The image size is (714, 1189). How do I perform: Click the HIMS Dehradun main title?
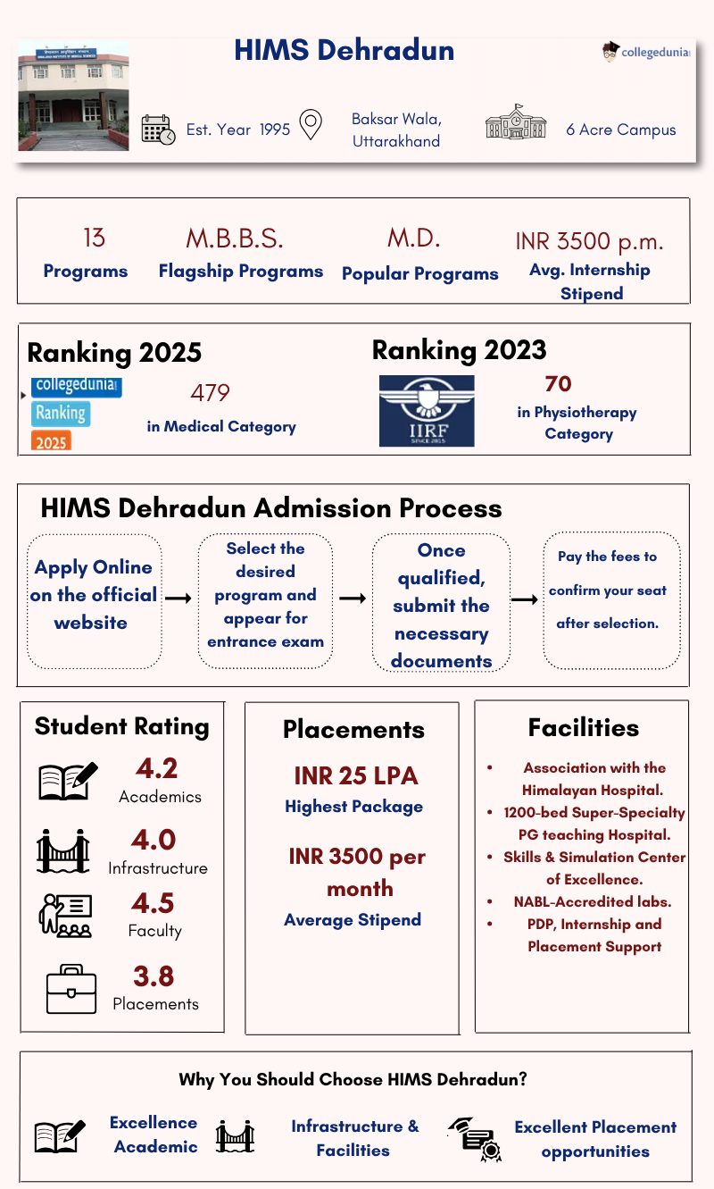click(344, 51)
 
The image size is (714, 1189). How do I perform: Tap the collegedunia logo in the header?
click(647, 52)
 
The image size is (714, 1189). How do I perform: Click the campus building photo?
click(73, 96)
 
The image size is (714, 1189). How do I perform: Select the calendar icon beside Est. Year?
click(158, 130)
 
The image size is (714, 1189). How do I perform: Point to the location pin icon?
click(310, 125)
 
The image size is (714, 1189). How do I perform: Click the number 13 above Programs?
click(94, 239)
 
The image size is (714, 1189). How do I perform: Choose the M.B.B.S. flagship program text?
click(234, 239)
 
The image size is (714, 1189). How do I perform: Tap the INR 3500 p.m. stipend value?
click(589, 241)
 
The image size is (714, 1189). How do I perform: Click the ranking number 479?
click(210, 393)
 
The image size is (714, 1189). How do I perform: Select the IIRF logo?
click(427, 411)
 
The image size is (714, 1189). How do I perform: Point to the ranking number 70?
click(558, 384)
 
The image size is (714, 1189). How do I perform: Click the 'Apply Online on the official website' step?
click(93, 595)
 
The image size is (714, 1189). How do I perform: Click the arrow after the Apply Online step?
click(178, 598)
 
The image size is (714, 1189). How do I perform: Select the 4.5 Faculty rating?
click(154, 903)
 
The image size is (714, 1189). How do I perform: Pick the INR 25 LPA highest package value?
click(355, 775)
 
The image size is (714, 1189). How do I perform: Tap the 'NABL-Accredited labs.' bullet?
click(593, 901)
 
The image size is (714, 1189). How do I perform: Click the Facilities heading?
click(583, 728)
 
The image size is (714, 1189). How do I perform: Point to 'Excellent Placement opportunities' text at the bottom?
click(595, 1139)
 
